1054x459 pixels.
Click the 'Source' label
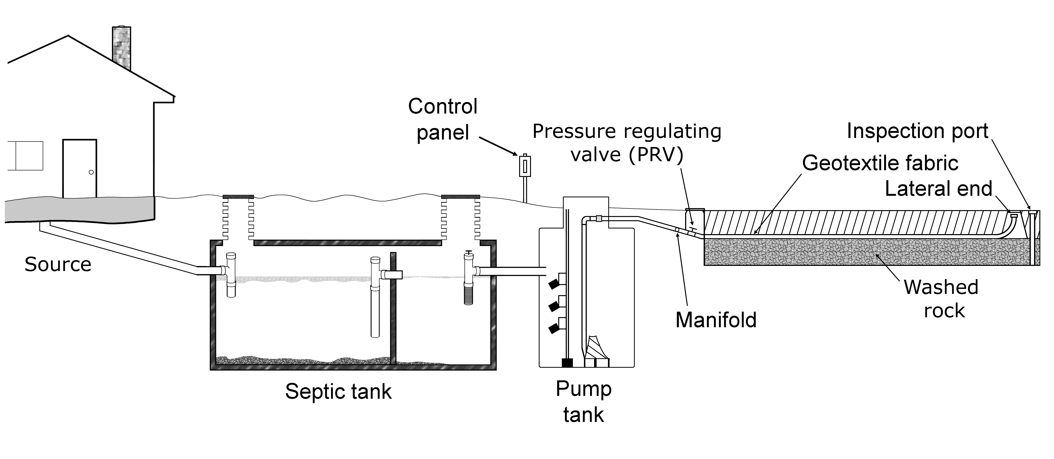click(58, 264)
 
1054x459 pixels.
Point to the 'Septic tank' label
click(338, 392)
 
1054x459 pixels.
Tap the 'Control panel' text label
click(443, 119)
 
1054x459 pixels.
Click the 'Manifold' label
click(716, 320)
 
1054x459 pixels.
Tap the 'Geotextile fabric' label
click(880, 163)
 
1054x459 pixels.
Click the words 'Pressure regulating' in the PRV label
click(626, 132)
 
